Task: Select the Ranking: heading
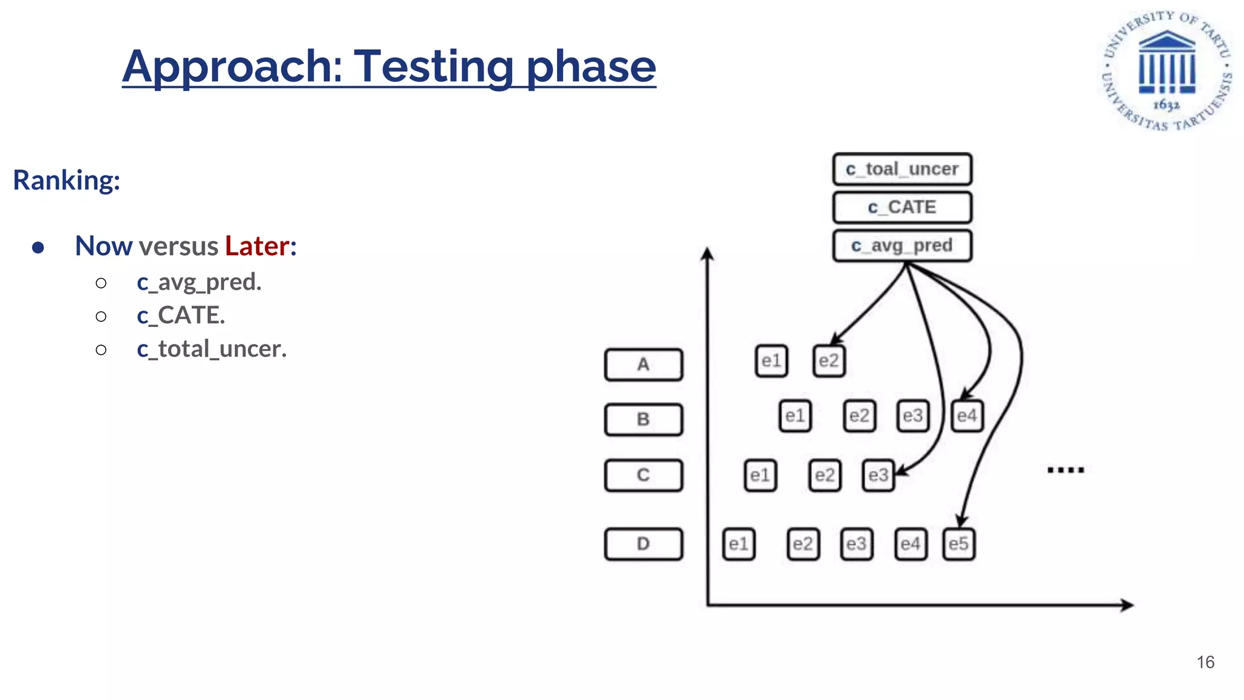67,180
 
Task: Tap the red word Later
257,246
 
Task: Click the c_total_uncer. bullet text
211,349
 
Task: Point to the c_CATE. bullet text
180,315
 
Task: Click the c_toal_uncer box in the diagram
902,169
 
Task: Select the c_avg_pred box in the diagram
902,245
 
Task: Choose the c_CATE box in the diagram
902,207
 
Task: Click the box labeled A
643,365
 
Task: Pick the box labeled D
643,544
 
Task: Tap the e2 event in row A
829,361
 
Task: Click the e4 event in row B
966,416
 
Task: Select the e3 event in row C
878,475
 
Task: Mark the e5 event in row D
959,544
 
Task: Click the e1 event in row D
739,544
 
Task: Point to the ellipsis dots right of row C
1065,470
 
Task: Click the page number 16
1205,662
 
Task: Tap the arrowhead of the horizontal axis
1128,605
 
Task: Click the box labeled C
643,475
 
